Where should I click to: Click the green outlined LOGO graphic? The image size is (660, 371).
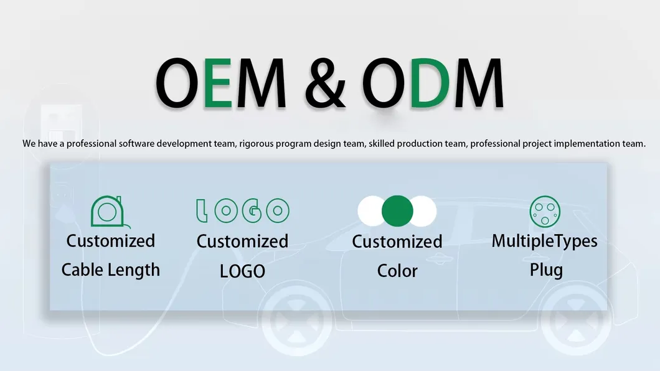tap(242, 211)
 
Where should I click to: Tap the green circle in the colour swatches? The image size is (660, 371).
tap(397, 211)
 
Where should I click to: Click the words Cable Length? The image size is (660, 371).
tap(111, 270)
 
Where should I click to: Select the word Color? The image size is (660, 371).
tap(397, 271)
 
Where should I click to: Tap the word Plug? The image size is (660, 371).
tap(546, 270)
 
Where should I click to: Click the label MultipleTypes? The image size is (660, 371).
tap(545, 241)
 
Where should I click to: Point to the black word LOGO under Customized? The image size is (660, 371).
tap(242, 271)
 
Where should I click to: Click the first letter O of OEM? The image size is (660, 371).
tap(179, 82)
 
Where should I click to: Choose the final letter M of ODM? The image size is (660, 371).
tap(478, 82)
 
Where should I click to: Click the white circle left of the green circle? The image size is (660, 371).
tap(371, 211)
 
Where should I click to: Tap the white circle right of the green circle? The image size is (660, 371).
tap(423, 211)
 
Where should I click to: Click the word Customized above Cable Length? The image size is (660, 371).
tap(111, 241)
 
